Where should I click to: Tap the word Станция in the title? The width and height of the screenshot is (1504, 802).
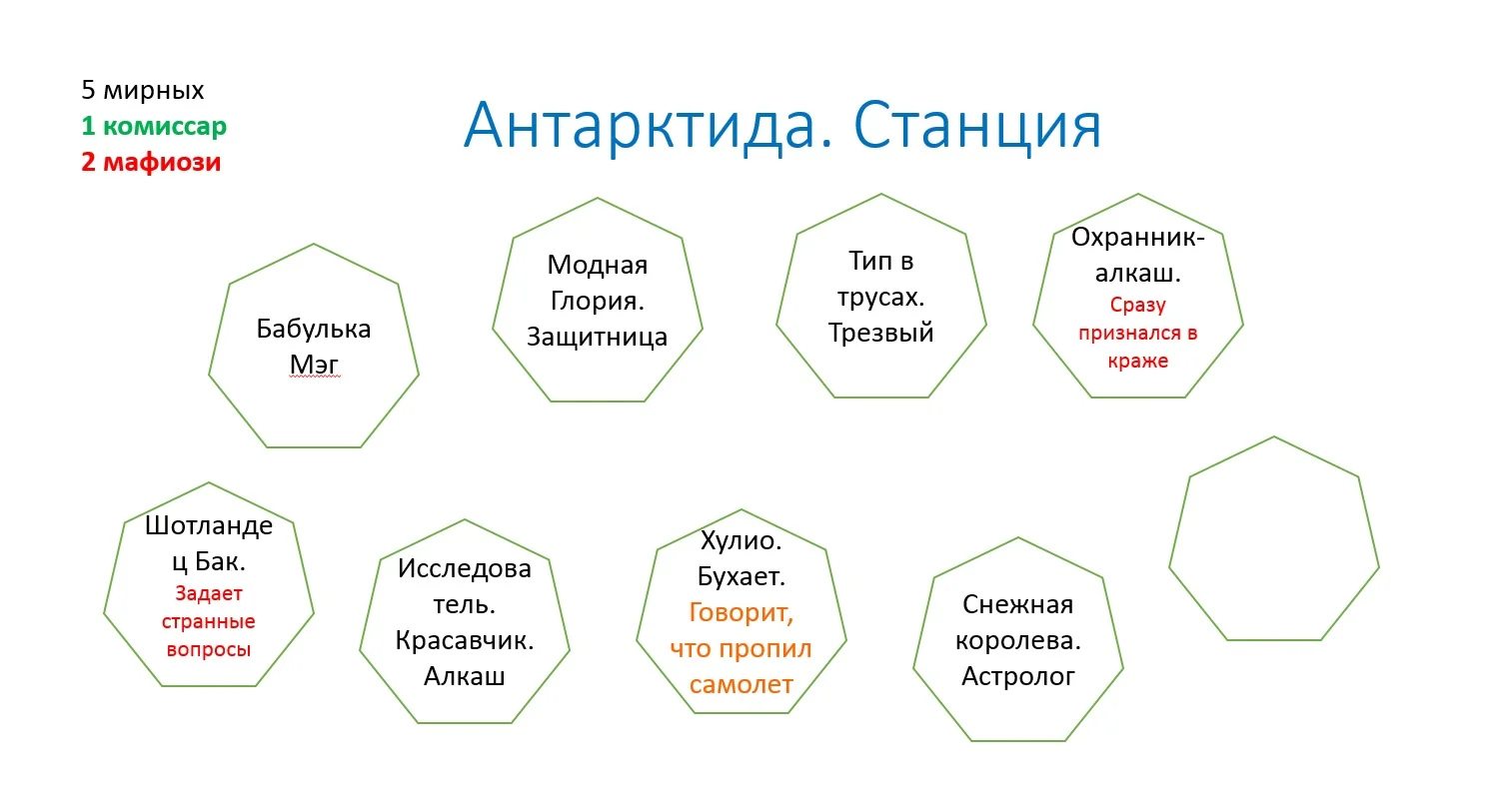[x=977, y=126]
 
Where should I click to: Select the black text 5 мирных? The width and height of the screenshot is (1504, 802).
[x=142, y=90]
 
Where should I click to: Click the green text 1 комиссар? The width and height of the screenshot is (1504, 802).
[x=154, y=126]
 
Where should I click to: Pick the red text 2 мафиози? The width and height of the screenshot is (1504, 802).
[x=151, y=162]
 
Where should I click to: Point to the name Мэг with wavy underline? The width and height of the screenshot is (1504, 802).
[x=314, y=365]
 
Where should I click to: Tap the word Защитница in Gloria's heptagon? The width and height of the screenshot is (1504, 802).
[x=597, y=337]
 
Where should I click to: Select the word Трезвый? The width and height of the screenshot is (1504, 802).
[x=881, y=333]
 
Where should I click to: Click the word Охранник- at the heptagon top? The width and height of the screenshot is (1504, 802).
[x=1138, y=237]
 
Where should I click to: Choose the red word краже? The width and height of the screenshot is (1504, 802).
[x=1138, y=362]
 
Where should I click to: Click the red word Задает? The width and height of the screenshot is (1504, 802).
[x=209, y=593]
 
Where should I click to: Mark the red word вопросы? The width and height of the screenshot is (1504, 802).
[x=209, y=649]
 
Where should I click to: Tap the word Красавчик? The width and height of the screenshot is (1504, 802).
[x=464, y=640]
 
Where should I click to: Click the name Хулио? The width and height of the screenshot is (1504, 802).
[x=742, y=540]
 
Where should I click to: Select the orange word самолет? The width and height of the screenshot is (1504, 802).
[x=742, y=684]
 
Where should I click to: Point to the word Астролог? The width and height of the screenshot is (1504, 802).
[x=1018, y=676]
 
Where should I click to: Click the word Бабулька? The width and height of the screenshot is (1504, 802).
[x=314, y=329]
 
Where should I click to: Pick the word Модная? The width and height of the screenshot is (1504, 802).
[x=597, y=265]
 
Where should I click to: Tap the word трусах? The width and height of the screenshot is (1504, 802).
[x=881, y=298]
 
